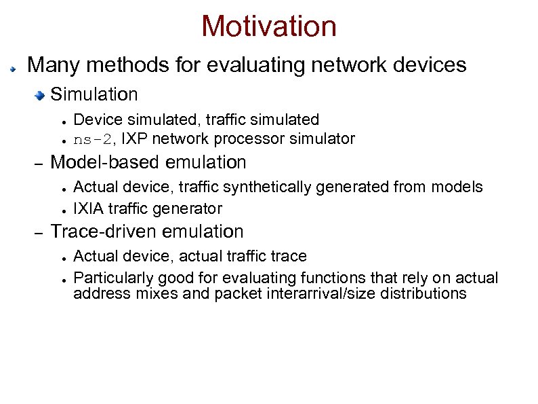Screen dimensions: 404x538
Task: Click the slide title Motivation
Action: click(x=268, y=26)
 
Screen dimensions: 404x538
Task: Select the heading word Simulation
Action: click(x=94, y=94)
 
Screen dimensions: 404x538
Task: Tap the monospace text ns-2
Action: click(x=91, y=139)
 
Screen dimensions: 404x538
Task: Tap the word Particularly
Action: click(x=114, y=278)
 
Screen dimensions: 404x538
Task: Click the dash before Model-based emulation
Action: click(x=39, y=164)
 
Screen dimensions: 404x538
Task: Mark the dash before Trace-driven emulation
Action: click(x=39, y=233)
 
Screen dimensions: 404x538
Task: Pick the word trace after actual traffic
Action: click(x=289, y=256)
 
